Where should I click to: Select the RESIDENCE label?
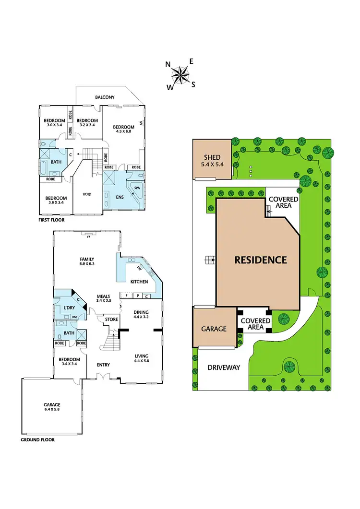pos(261,260)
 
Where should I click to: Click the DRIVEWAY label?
pos(224,367)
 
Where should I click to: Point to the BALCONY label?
pos(105,97)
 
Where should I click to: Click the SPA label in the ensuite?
pos(137,188)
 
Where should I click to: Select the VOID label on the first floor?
pos(87,194)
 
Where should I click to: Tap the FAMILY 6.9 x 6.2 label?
pos(87,261)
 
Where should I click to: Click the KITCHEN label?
pos(139,282)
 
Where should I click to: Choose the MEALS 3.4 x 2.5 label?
pos(104,298)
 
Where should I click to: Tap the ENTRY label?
pos(103,365)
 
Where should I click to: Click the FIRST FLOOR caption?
pos(52,220)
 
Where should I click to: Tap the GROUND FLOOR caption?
pos(38,439)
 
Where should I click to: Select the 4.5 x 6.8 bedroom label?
pos(123,130)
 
